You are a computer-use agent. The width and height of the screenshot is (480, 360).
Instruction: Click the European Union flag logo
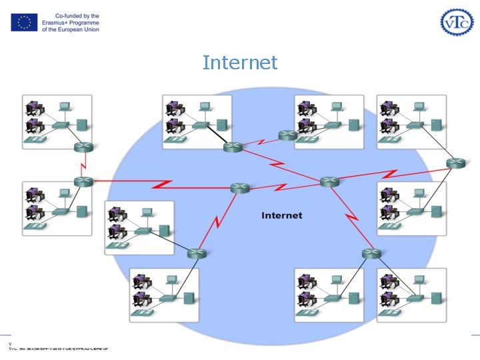24,23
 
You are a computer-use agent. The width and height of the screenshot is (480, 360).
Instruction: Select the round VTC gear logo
457,23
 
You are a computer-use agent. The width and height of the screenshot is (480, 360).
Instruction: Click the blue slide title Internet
239,63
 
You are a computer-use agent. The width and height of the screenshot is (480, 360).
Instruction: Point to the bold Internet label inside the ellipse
281,215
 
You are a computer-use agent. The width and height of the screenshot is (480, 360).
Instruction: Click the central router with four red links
329,181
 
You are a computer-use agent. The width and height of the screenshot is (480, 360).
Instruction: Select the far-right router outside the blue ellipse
456,163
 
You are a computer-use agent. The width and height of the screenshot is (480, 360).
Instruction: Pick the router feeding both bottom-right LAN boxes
371,253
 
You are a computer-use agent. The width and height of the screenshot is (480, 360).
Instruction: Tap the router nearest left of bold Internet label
240,188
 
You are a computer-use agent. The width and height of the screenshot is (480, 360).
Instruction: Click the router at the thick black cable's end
233,147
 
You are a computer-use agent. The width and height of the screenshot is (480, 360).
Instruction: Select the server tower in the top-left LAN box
82,124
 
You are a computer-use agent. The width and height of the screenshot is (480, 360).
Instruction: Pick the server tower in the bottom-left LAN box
189,297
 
